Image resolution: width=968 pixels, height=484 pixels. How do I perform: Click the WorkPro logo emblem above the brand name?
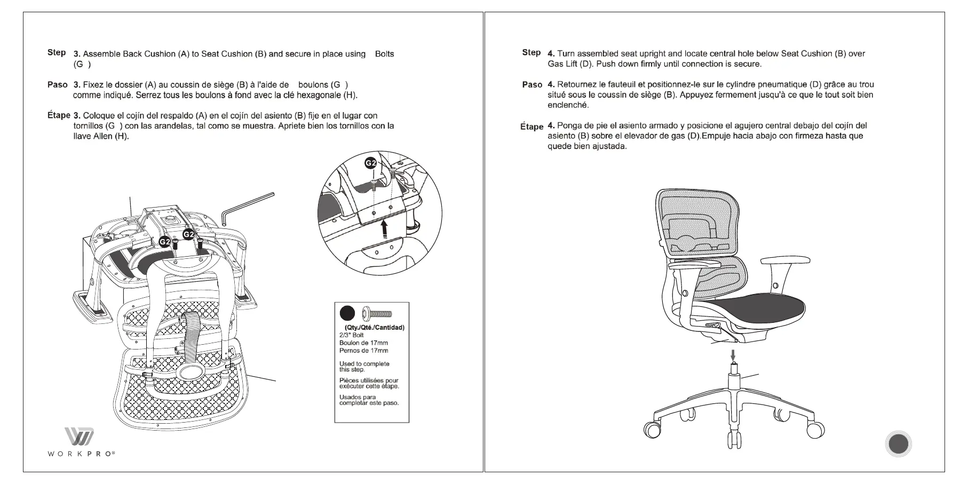[80, 436]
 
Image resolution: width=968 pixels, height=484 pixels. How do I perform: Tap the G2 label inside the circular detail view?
[370, 163]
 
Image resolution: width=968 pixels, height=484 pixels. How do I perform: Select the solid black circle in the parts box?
[347, 313]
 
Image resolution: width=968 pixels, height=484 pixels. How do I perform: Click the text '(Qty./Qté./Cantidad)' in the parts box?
[371, 327]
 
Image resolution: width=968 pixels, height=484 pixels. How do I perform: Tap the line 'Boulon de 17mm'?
[363, 343]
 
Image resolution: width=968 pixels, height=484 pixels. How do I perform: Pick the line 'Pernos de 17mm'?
[363, 351]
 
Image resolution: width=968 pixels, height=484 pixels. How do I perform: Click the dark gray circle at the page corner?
[898, 444]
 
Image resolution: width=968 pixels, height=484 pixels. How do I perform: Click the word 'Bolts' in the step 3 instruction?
[384, 54]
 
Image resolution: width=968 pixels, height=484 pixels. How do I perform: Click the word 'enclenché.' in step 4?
[568, 105]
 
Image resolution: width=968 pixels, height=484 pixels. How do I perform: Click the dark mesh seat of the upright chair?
[758, 308]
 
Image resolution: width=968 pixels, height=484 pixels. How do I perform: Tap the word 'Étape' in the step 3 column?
[59, 115]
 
